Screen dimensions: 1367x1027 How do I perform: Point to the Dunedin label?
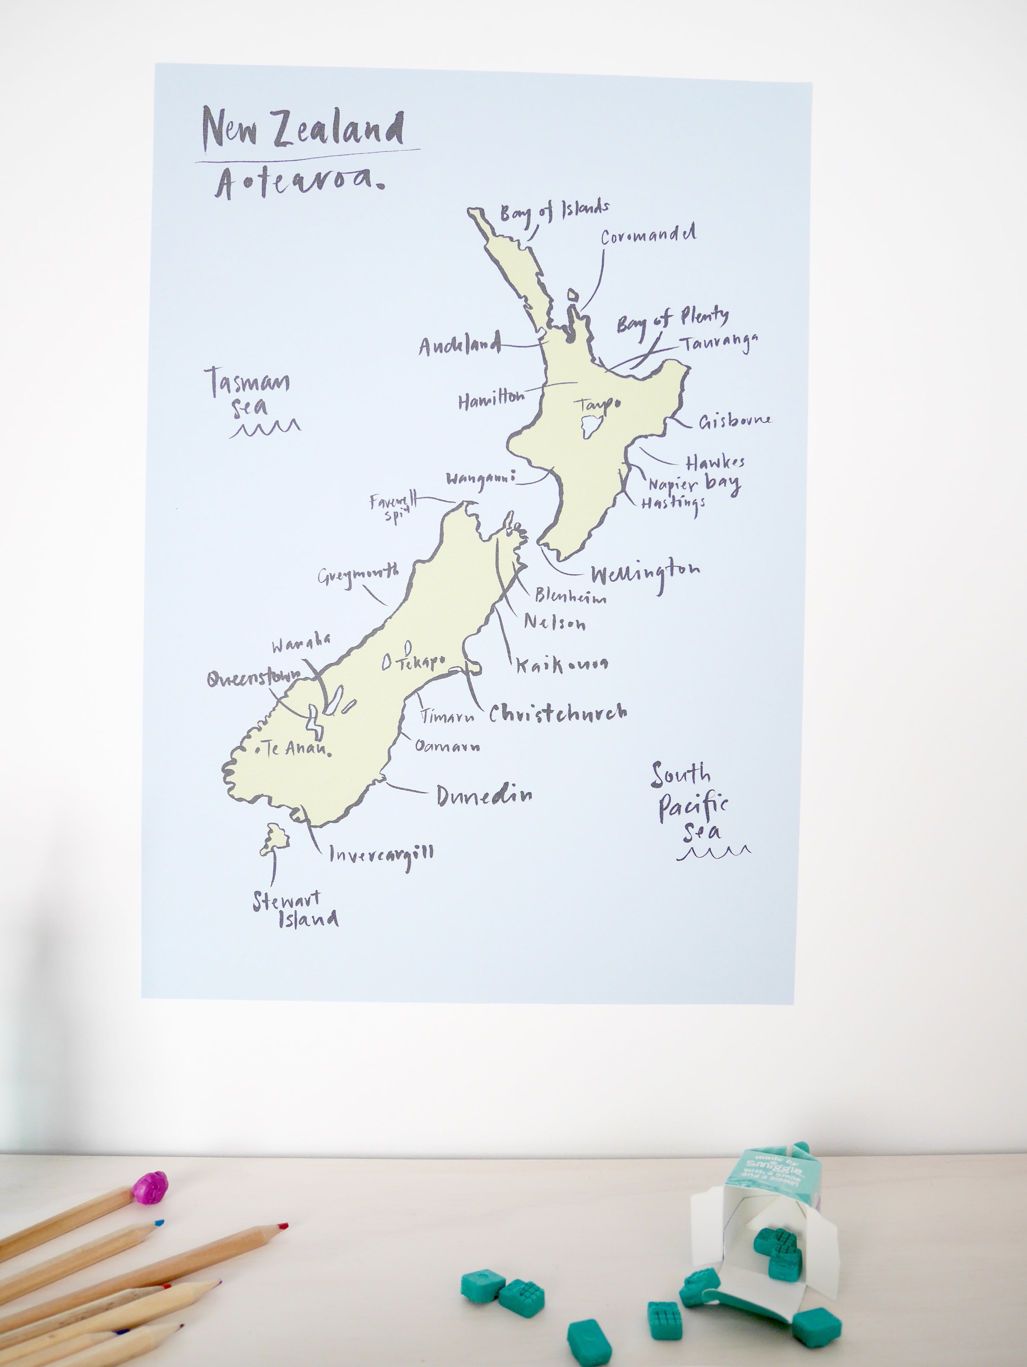click(484, 796)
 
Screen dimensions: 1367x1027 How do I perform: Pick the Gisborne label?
click(735, 421)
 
